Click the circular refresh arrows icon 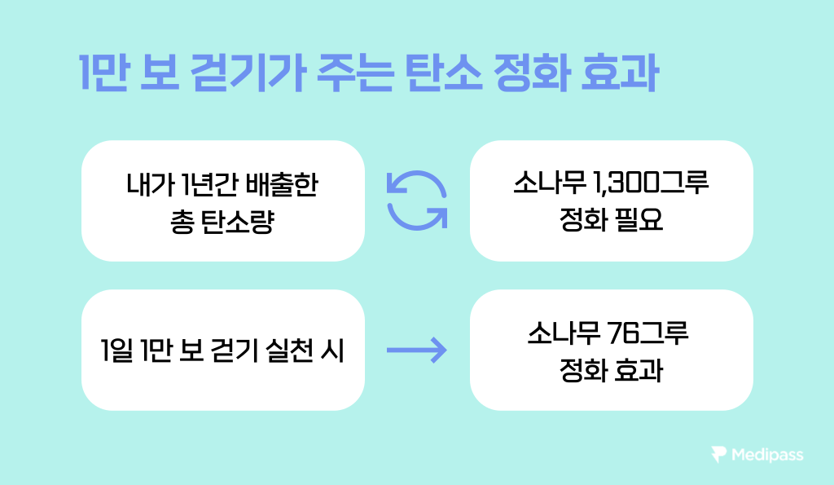417,201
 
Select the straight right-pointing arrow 417,351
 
